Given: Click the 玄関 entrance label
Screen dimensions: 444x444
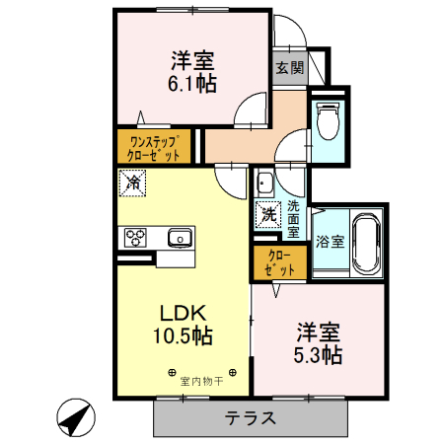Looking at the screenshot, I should click(x=288, y=68).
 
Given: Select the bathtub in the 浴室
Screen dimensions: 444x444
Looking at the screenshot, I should click(x=366, y=242).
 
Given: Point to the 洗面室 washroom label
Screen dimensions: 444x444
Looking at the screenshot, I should click(x=293, y=219).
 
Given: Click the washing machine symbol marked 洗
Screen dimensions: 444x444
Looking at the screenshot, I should click(x=268, y=212).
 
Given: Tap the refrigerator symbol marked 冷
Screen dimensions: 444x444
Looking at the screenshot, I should click(x=131, y=183).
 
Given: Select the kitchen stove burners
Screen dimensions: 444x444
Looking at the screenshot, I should click(x=134, y=237).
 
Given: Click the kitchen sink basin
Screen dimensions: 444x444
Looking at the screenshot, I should click(x=180, y=237).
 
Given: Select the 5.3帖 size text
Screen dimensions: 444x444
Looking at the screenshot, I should click(x=316, y=352).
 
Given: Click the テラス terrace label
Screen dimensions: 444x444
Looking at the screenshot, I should click(x=250, y=417).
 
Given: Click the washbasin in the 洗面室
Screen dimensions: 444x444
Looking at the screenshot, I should click(x=264, y=183).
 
